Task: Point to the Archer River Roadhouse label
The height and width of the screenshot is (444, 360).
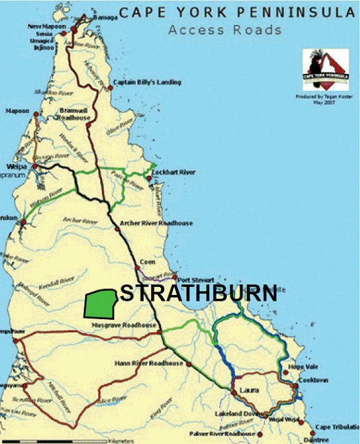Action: pos(156,223)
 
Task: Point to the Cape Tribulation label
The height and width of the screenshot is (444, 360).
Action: pos(336,427)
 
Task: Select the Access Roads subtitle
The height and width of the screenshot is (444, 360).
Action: pos(225,29)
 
